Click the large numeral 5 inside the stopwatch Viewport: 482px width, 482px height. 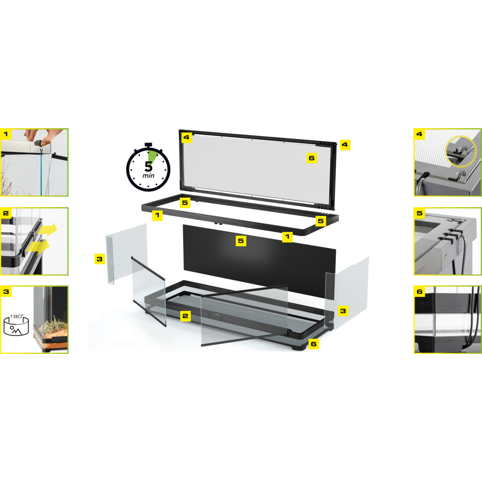[x=148, y=166]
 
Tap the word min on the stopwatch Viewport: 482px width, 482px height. [x=148, y=175]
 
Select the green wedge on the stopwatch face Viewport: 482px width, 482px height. [x=152, y=158]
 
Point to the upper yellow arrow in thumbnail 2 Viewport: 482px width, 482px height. [x=47, y=230]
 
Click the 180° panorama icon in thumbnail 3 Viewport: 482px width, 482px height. [x=16, y=325]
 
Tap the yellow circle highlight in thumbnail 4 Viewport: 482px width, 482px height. [x=460, y=151]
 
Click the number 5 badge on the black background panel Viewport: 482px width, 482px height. [x=241, y=241]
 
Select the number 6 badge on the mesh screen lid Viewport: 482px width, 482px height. [x=312, y=158]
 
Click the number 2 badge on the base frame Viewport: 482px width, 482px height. [x=185, y=316]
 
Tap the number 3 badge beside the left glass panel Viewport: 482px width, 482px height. [x=100, y=259]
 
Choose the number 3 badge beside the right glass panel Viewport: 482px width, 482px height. [x=343, y=311]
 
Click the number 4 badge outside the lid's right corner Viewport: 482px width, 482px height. [x=345, y=145]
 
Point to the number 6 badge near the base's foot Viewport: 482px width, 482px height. [x=314, y=344]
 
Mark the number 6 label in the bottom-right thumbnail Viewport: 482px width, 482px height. [x=420, y=292]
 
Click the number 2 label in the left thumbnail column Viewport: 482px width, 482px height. [x=6, y=213]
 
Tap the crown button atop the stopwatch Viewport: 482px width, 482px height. [x=148, y=145]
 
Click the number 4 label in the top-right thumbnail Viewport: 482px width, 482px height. [x=420, y=134]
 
